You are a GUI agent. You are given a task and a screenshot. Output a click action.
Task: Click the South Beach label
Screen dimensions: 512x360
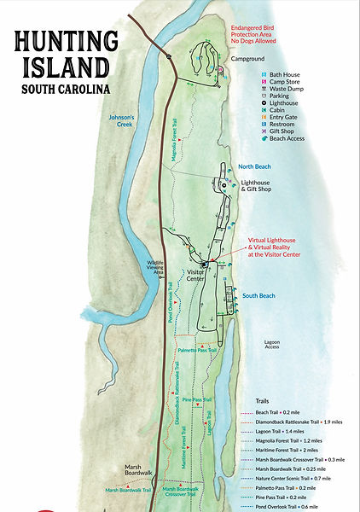(x=257, y=295)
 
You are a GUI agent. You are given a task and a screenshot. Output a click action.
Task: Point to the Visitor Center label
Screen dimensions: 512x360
(x=195, y=276)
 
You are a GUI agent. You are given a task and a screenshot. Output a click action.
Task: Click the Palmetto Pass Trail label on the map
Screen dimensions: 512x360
(x=197, y=350)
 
